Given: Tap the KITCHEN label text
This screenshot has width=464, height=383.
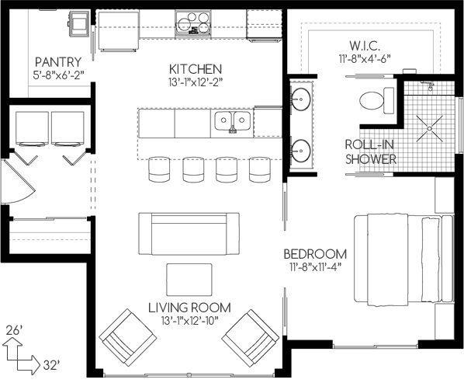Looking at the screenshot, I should click(196, 68).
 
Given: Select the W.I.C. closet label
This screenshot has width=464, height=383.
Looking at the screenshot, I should click(362, 44).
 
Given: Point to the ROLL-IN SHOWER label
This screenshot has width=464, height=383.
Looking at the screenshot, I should click(371, 151).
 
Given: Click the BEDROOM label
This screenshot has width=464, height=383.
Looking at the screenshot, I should click(314, 254).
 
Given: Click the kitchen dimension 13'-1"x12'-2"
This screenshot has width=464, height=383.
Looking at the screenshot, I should click(196, 82).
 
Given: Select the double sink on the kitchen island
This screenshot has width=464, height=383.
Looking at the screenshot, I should click(233, 120).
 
